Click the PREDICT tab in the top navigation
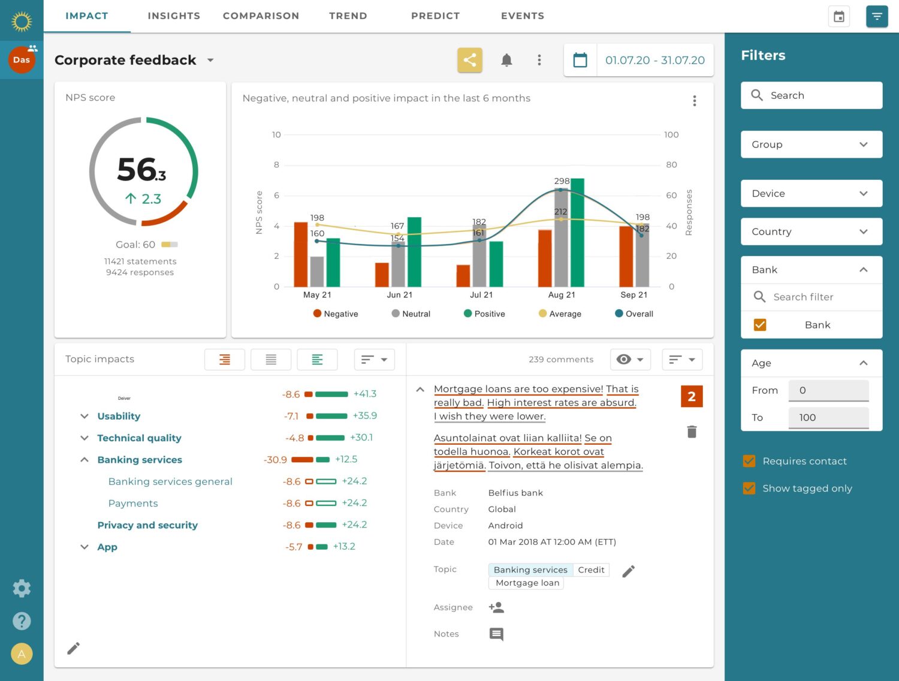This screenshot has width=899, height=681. (435, 16)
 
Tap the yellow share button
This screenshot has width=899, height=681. (470, 60)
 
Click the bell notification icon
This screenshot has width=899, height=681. (506, 60)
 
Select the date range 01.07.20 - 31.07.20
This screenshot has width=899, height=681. (654, 60)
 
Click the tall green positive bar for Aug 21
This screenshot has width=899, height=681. (577, 233)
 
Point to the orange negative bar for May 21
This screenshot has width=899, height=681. (300, 254)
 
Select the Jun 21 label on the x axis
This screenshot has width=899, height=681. (399, 295)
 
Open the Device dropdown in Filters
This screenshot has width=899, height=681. (811, 194)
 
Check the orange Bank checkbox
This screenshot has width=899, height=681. (760, 325)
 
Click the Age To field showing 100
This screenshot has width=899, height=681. (828, 417)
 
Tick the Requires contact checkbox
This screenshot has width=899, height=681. (749, 461)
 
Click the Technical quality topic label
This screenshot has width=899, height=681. (139, 438)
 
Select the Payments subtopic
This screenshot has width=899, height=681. (133, 504)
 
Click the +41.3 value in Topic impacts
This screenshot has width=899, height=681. (364, 394)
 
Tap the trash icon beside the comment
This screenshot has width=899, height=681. (692, 432)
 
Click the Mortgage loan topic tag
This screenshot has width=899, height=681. (527, 583)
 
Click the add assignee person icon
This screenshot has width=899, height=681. (496, 607)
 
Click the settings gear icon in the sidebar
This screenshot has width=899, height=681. (22, 588)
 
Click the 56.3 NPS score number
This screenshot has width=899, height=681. (141, 170)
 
